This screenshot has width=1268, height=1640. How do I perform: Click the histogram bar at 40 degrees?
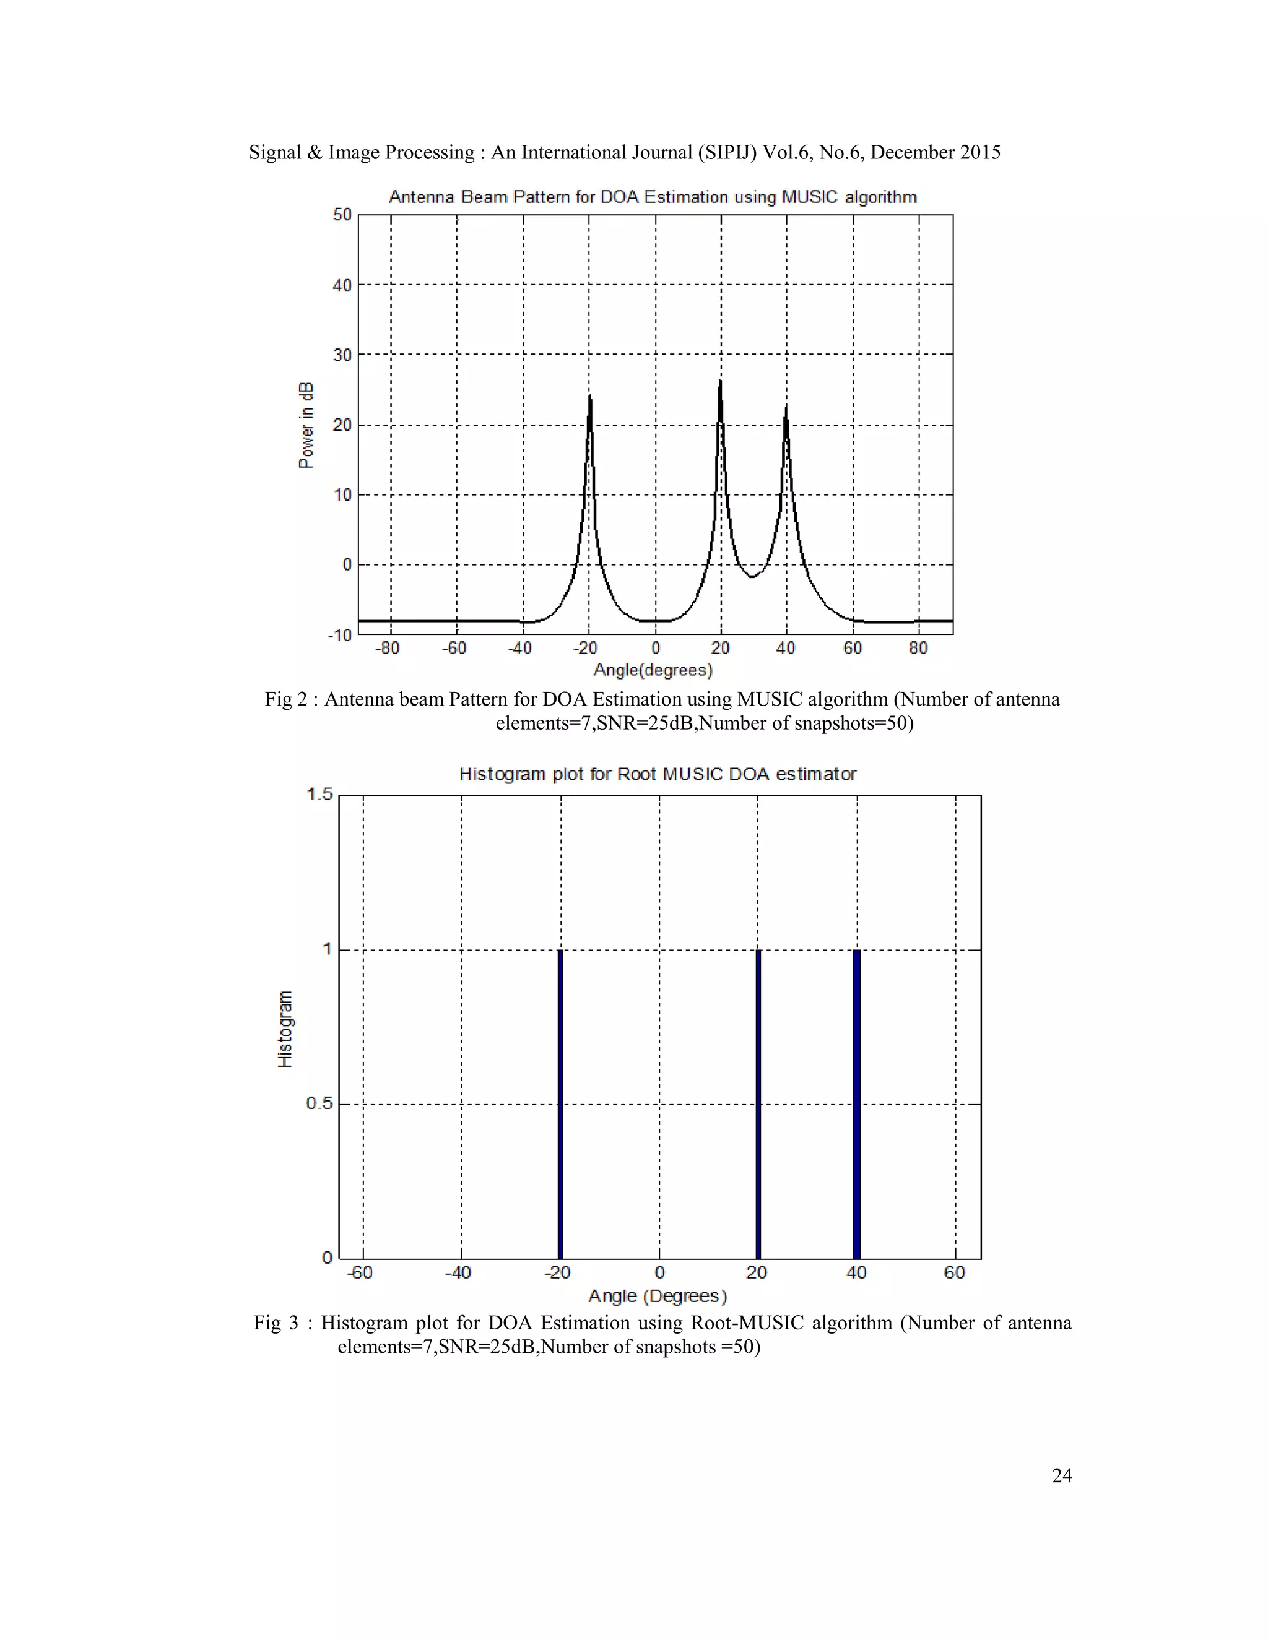pyautogui.click(x=856, y=1104)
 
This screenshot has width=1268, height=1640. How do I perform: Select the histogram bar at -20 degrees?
pyautogui.click(x=560, y=1104)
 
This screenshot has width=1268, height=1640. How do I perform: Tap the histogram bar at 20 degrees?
pyautogui.click(x=758, y=1104)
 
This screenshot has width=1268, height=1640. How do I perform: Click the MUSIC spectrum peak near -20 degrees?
pyautogui.click(x=589, y=397)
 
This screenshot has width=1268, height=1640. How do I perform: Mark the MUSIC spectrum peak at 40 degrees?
pyautogui.click(x=786, y=408)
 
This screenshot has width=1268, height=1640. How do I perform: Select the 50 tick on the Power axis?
pyautogui.click(x=342, y=215)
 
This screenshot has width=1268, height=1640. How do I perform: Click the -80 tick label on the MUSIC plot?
pyautogui.click(x=388, y=648)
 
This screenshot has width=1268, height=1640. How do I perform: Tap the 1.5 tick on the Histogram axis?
pyautogui.click(x=319, y=795)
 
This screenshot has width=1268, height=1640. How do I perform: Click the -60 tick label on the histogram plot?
pyautogui.click(x=360, y=1272)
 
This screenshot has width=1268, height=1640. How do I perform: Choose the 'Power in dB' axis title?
pyautogui.click(x=306, y=425)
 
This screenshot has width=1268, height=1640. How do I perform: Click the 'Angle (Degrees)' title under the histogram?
pyautogui.click(x=658, y=1296)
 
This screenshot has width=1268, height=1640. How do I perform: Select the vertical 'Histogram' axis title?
pyautogui.click(x=285, y=1029)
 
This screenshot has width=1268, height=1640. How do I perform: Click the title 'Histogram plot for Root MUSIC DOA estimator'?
pyautogui.click(x=658, y=774)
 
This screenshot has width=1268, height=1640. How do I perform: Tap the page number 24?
pyautogui.click(x=1061, y=1475)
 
